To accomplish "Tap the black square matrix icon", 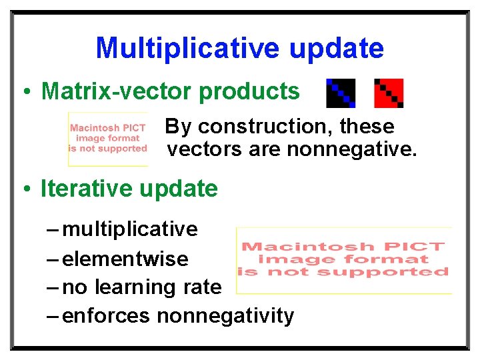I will (341, 93).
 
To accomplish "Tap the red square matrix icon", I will (389, 93).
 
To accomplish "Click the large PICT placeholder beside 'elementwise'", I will (344, 260).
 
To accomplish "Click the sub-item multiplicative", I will (130, 229).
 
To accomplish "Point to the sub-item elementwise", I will (125, 259).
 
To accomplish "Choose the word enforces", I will (106, 315).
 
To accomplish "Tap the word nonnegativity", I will (225, 315).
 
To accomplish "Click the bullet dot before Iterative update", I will (25, 190).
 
